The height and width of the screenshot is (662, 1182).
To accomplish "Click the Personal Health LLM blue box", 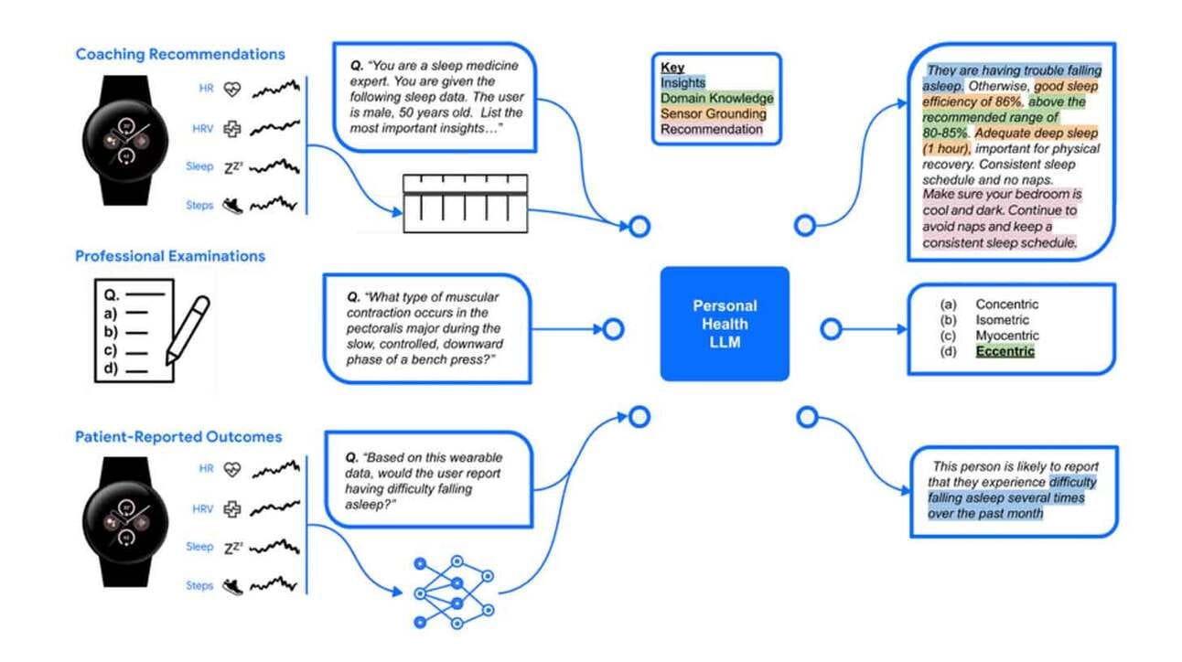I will (x=724, y=323).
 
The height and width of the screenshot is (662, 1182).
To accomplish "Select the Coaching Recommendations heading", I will (x=180, y=54).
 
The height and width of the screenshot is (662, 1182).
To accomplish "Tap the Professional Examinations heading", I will (x=170, y=256).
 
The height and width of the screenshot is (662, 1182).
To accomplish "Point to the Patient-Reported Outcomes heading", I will (x=178, y=437).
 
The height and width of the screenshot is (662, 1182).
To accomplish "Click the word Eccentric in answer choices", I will (x=1005, y=352).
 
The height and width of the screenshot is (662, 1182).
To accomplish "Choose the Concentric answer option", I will (x=1006, y=304).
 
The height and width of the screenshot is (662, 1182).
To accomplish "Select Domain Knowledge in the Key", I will (x=716, y=98).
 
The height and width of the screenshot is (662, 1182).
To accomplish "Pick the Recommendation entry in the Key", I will (x=711, y=129).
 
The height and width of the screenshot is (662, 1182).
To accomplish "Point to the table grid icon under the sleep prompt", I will (x=465, y=201).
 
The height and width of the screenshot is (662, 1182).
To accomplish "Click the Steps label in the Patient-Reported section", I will (x=199, y=585).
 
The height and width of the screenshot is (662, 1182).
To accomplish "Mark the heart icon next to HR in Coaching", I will (x=232, y=89).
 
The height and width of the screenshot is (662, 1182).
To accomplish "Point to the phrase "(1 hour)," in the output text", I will (x=949, y=149).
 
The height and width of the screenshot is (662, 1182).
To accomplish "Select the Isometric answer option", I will (x=1002, y=320).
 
